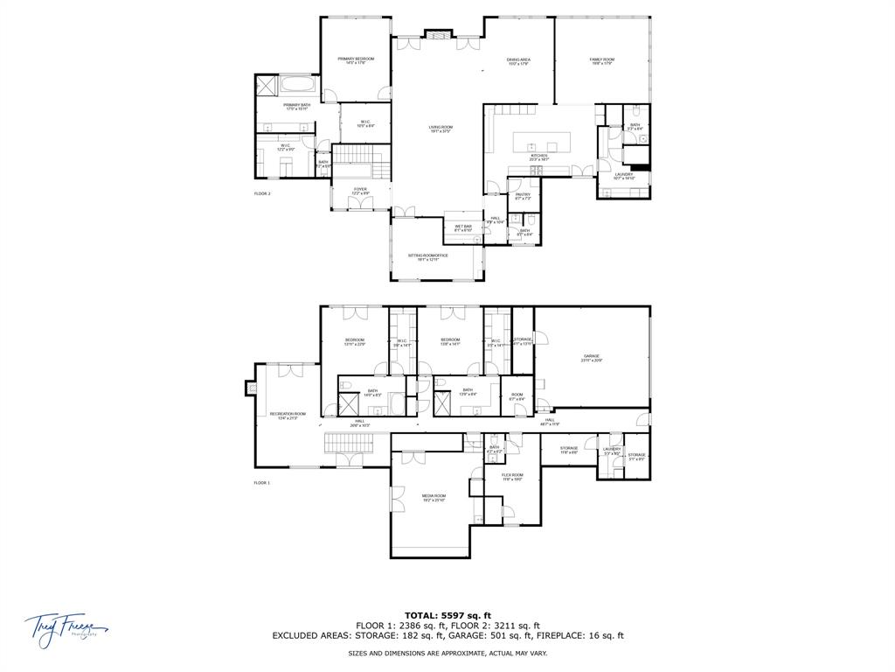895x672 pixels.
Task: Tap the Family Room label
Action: tap(601, 60)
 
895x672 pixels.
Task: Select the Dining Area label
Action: tap(518, 60)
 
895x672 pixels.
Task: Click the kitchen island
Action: tap(541, 140)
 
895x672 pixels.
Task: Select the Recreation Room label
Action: tap(288, 415)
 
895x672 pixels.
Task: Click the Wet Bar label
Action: tap(462, 227)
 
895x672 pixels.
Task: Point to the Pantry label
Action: tap(523, 196)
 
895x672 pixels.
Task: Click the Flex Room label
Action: tap(511, 476)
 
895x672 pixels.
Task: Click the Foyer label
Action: tap(360, 190)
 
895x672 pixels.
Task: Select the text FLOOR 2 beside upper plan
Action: tap(262, 192)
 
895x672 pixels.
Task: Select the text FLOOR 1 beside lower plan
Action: tap(262, 482)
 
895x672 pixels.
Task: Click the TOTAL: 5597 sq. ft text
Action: tap(447, 615)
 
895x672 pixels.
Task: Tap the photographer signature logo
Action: tap(66, 626)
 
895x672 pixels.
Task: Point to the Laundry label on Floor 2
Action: tap(623, 175)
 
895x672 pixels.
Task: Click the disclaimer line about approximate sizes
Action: tap(447, 653)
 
